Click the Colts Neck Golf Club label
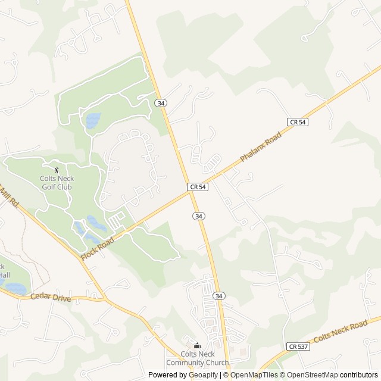coord(56,182)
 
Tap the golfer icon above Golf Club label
coord(57,170)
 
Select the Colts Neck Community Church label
coord(197,358)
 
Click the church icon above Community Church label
coord(197,345)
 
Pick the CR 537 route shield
coord(296,346)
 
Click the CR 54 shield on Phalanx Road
coord(297,121)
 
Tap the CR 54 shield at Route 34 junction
coord(198,187)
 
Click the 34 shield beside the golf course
coord(161,103)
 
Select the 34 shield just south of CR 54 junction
coord(198,216)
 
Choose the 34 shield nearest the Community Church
coord(219,296)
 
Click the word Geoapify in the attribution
coord(203,375)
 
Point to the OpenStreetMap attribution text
coord(312,375)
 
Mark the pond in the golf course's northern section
coord(92,121)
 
